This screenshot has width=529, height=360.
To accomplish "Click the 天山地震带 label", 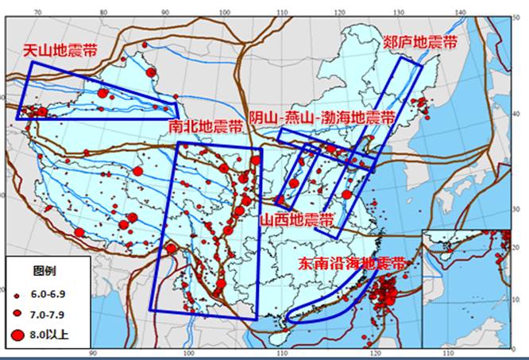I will coord(59,50).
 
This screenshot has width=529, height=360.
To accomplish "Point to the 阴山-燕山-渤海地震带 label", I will coord(322,118).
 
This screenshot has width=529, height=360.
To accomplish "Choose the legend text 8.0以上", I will coord(48,334).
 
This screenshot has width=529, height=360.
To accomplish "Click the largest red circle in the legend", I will coord(18,334).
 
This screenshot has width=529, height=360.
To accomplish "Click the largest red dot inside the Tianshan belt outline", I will coord(102,94).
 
